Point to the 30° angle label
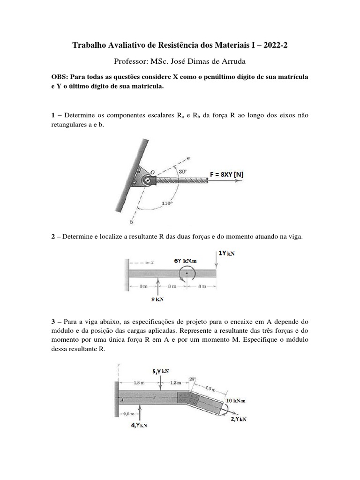tap(182, 172)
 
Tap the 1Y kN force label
tap(226, 254)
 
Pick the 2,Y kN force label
tap(239, 419)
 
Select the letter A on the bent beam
tap(122, 400)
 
